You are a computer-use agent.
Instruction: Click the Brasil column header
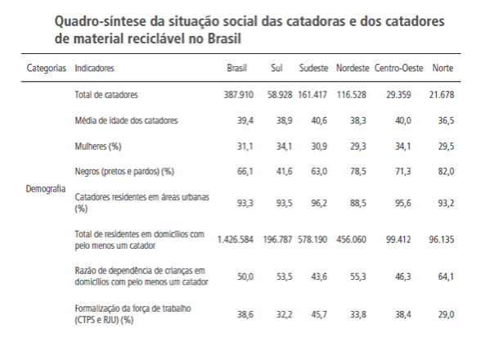pos(236,67)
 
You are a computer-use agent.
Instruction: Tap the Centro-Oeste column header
pos(398,67)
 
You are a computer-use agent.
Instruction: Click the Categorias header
pos(47,67)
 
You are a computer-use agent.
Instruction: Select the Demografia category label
pos(46,187)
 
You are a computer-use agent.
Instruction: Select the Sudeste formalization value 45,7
pos(317,314)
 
